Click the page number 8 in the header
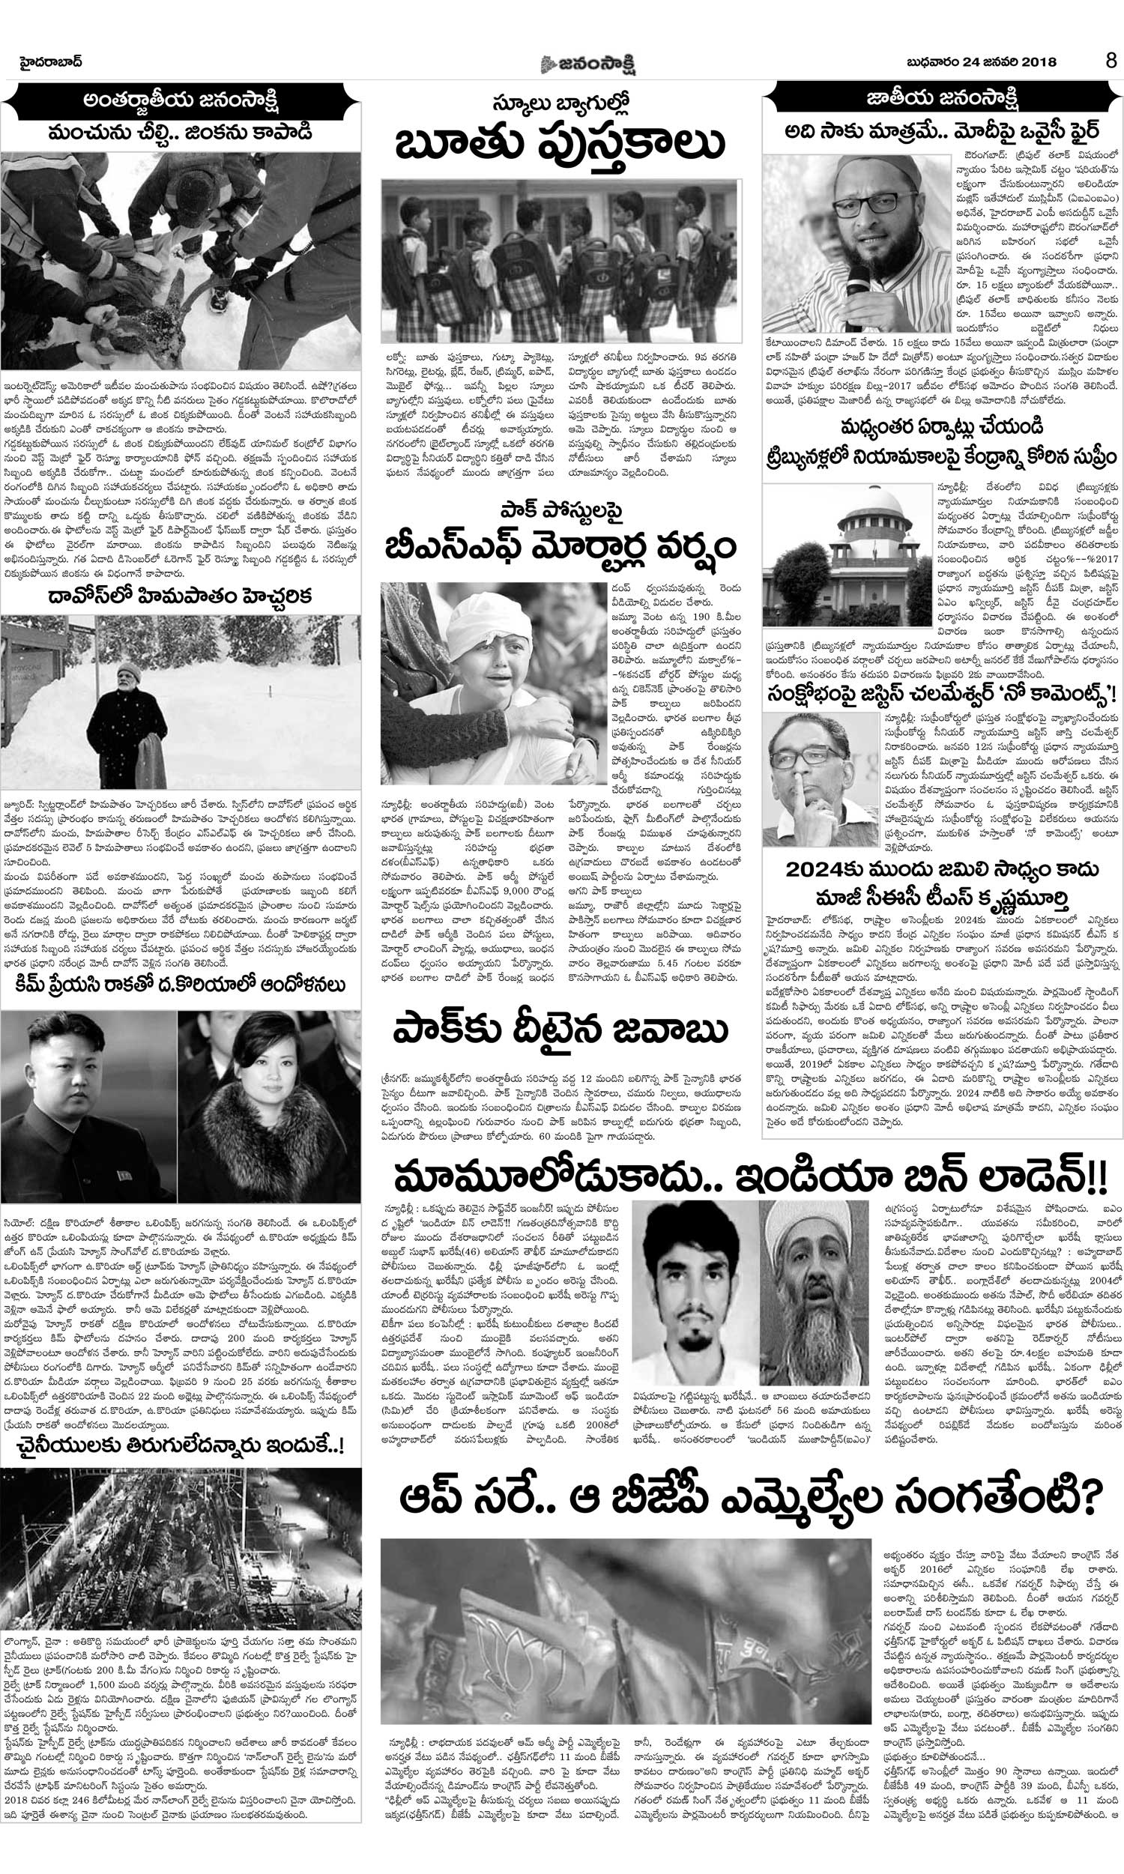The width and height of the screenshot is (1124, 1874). [x=1111, y=61]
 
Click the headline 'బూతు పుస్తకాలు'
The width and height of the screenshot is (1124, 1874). [x=562, y=143]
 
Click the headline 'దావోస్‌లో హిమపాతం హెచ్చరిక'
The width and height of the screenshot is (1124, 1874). [x=183, y=594]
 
